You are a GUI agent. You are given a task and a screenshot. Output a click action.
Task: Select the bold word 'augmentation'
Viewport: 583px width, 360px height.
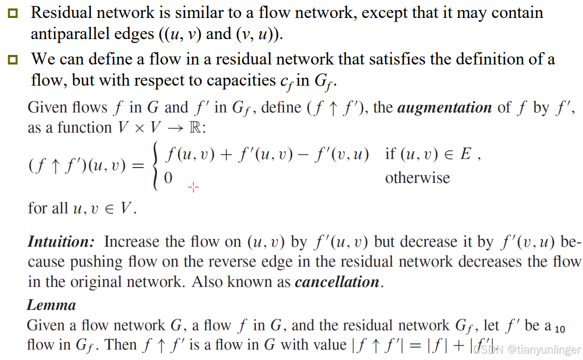445,107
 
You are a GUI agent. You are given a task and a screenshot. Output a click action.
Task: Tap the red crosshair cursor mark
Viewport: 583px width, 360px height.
193,187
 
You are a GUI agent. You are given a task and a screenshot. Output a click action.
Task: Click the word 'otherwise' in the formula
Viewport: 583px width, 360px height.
418,178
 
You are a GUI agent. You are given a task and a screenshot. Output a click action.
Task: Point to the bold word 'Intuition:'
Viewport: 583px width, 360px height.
61,242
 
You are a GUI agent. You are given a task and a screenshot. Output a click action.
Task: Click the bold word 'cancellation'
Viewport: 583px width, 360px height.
337,282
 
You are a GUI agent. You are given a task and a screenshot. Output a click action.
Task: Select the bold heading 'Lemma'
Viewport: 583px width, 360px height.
51,305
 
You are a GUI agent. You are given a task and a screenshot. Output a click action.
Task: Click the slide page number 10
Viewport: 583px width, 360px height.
560,329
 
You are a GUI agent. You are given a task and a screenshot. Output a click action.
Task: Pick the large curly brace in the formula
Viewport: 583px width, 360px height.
156,166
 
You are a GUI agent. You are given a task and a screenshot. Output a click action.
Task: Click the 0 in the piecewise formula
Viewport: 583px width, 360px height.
168,178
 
